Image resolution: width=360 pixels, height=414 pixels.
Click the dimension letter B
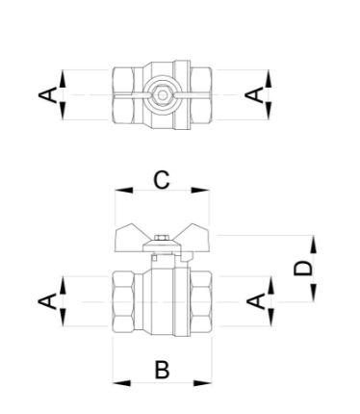point(162,370)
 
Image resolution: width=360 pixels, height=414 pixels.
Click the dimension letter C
point(162,180)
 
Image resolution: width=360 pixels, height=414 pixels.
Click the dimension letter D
point(303,269)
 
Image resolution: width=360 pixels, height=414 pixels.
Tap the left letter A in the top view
point(47,95)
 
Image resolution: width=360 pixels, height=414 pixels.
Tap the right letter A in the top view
point(254,95)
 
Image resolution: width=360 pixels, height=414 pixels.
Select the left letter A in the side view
point(47,301)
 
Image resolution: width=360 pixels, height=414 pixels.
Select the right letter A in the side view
point(256,301)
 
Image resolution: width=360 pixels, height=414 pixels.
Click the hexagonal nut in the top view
point(163,95)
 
